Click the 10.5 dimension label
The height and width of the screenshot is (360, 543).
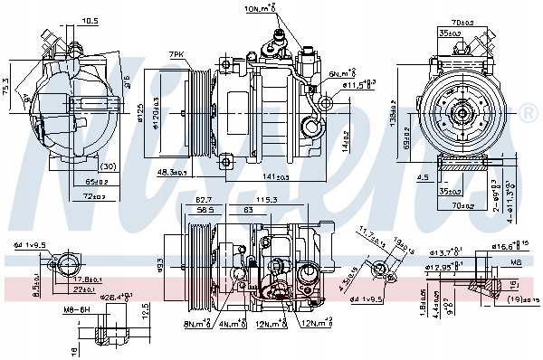point(90,21)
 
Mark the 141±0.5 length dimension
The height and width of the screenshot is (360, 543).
point(275,178)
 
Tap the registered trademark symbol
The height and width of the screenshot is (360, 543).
point(529,112)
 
